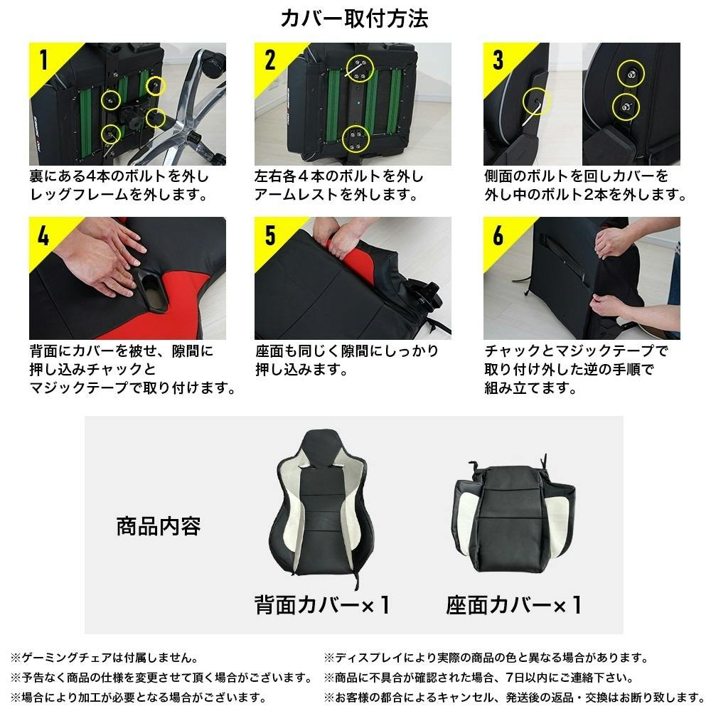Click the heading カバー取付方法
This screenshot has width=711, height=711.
pyautogui.click(x=354, y=18)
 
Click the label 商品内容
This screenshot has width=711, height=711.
pyautogui.click(x=159, y=526)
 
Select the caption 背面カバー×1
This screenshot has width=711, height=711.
pyautogui.click(x=321, y=605)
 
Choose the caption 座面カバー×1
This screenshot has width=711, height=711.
pyautogui.click(x=513, y=605)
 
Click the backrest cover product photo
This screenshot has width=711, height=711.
pyautogui.click(x=322, y=508)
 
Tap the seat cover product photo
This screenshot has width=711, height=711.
pyautogui.click(x=513, y=515)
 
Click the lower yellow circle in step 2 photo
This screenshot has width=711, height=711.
pyautogui.click(x=356, y=139)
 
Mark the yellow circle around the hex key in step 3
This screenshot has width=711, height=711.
pyautogui.click(x=536, y=101)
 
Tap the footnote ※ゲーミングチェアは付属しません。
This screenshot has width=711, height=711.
pyautogui.click(x=105, y=658)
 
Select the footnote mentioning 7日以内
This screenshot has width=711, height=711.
pyautogui.click(x=479, y=678)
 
